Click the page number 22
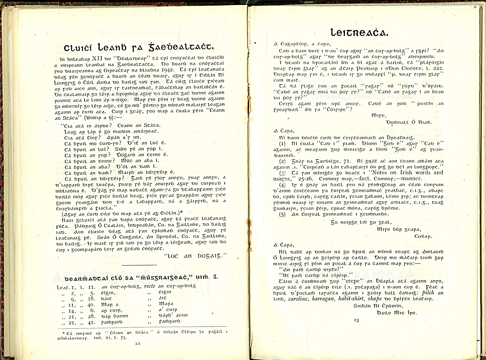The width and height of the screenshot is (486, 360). coord(137,343)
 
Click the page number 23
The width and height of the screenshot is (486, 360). coord(356,320)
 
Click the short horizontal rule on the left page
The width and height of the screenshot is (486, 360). coord(140,265)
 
